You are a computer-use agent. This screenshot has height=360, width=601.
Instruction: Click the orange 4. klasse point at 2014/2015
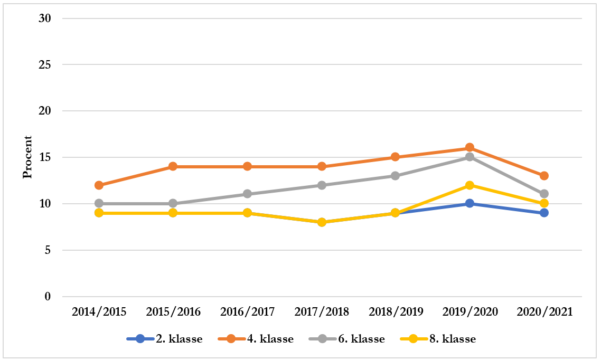coord(99,185)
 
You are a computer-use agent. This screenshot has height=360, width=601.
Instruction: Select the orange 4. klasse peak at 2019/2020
coord(469,148)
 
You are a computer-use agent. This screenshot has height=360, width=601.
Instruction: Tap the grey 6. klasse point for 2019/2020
coord(469,157)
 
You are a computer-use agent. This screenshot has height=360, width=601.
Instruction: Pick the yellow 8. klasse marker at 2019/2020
coord(469,185)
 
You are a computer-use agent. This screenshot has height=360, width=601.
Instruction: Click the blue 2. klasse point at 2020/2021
coord(544,213)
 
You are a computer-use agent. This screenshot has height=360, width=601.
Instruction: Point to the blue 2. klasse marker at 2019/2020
coord(469,204)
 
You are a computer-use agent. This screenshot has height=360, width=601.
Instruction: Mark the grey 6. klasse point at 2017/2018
coord(321,185)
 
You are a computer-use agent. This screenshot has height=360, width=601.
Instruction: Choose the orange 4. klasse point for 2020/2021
coord(544,176)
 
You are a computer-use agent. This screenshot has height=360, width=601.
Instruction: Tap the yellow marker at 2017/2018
coord(321,222)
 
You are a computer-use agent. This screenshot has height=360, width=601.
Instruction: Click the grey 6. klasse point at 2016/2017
coord(247,194)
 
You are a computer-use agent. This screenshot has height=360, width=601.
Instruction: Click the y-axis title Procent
coord(27,157)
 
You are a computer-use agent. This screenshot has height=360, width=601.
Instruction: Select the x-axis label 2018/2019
coord(396,312)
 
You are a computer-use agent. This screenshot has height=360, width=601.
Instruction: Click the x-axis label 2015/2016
coord(173,312)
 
